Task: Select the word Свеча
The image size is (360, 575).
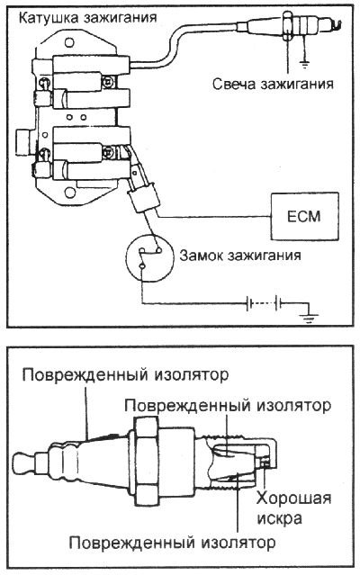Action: point(237,85)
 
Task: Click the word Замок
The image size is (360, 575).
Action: point(203,256)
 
